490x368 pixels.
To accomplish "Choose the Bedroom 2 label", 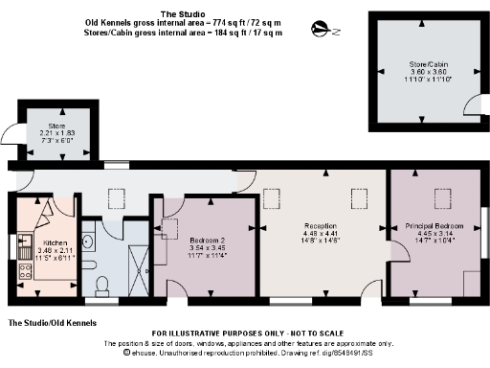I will (207, 240).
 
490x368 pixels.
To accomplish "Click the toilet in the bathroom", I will (101, 284).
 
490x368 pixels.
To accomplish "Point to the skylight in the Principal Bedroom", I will (443, 199).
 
